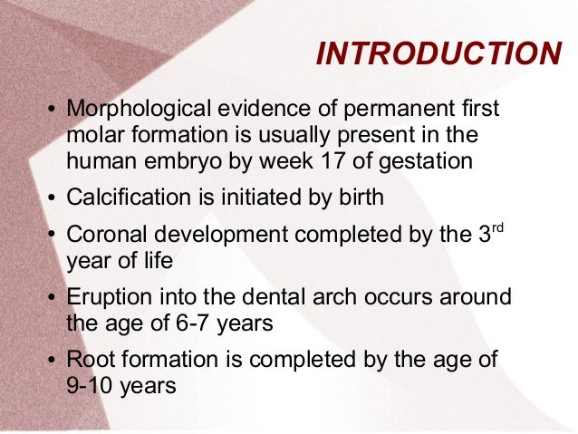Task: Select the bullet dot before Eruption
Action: [x=52, y=298]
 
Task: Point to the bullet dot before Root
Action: [x=52, y=360]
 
